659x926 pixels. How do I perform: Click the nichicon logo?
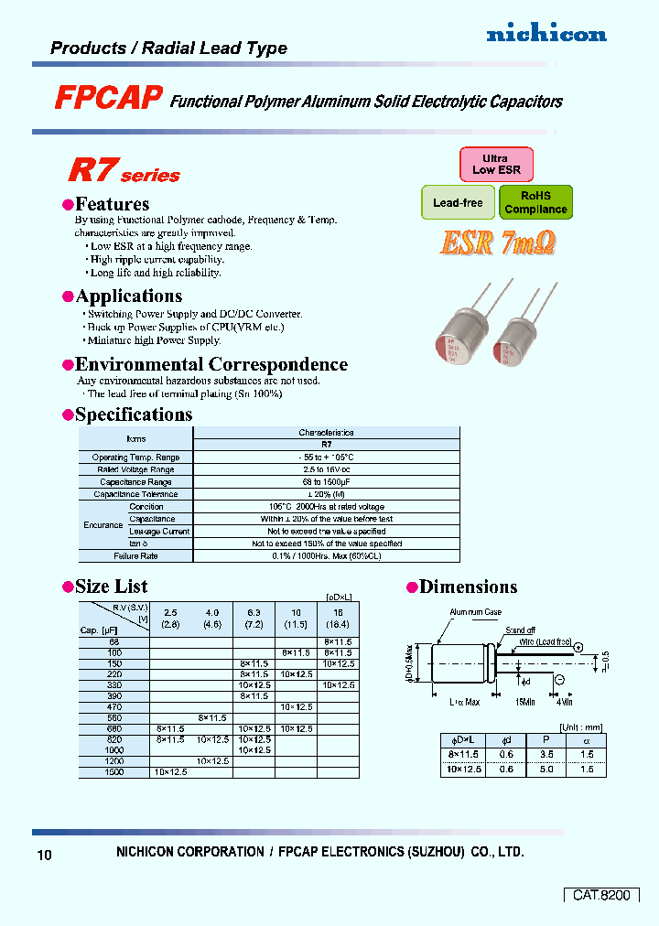point(546,34)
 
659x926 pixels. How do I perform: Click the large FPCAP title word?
point(108,99)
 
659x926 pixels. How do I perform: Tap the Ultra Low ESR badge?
point(495,164)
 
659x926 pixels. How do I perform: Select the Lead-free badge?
point(458,202)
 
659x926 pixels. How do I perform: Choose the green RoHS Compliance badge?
point(535,202)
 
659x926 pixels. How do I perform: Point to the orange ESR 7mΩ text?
point(498,242)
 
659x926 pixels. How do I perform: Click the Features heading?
point(112,204)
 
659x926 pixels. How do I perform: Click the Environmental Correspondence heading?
point(211,364)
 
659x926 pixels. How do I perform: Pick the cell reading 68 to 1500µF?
point(326,482)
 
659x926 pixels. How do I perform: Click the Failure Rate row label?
point(135,555)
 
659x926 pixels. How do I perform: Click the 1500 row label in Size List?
point(113,772)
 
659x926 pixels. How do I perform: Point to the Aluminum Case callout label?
point(475,612)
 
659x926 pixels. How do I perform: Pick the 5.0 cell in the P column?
point(547,770)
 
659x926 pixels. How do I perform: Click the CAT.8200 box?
point(600,895)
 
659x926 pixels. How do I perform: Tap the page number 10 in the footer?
point(45,856)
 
